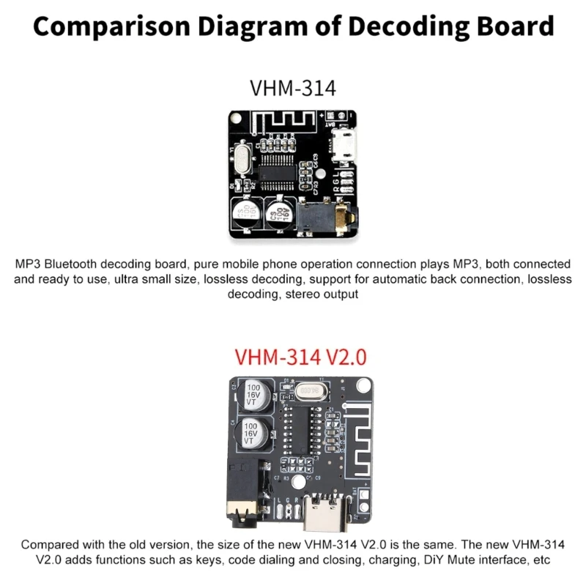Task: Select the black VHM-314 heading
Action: [x=293, y=88]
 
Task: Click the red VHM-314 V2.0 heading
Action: [x=300, y=357]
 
